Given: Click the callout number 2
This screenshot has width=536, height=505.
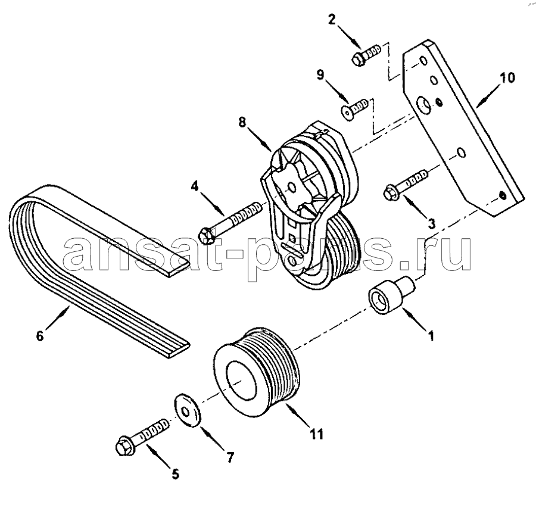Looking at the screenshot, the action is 332,20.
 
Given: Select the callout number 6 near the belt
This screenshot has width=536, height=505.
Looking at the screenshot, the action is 40,336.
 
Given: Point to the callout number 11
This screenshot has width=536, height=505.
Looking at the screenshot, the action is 316,434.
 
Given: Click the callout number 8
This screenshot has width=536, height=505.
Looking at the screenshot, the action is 242,123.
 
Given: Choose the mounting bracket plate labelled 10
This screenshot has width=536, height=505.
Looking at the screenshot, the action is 463,129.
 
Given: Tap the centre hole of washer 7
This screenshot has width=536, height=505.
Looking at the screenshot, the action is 185,412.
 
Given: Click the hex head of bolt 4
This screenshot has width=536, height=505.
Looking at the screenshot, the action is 207,234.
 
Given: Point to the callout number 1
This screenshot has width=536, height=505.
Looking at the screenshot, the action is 431,336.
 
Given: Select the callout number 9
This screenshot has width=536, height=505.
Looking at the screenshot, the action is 320,75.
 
